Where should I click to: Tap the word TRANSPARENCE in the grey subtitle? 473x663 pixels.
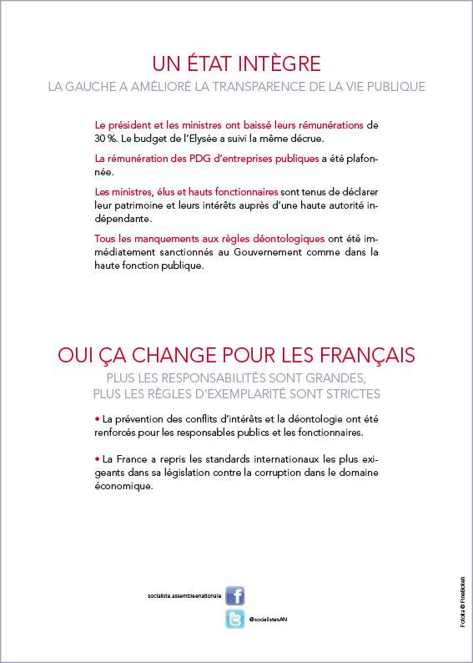click(282, 86)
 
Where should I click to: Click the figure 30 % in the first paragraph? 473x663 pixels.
click(105, 139)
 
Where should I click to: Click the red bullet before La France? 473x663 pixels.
click(97, 459)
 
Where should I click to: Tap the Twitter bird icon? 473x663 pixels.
click(234, 619)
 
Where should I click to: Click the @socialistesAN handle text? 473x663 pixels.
click(269, 620)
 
